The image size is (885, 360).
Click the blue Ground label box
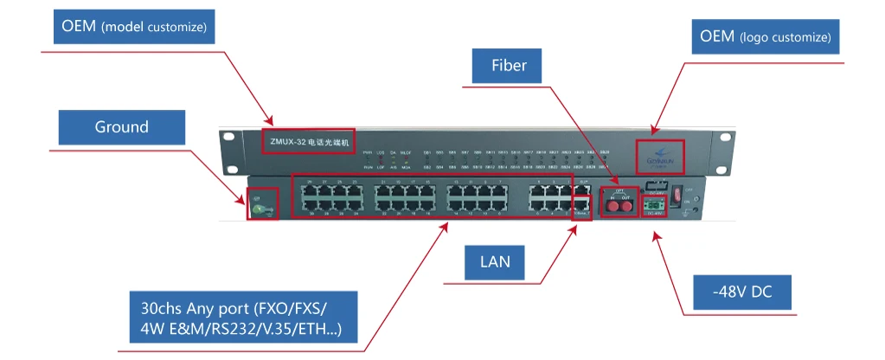click(x=121, y=127)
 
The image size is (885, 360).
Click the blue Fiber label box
click(x=510, y=65)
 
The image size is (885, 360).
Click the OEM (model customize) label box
click(x=134, y=27)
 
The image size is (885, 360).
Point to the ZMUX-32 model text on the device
click(x=309, y=140)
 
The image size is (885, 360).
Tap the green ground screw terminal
click(x=257, y=206)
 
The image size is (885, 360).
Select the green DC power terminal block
click(x=655, y=205)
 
